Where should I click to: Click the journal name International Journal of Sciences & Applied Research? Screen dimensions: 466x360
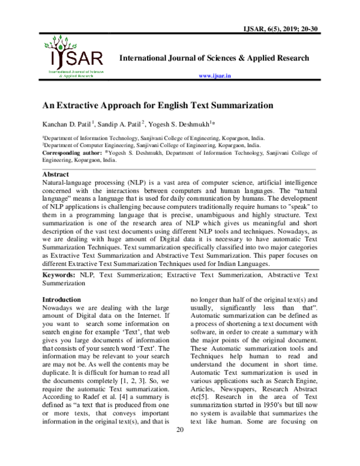(x=214, y=58)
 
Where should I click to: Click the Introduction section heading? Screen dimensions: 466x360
(x=61, y=299)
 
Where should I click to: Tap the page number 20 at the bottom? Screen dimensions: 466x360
(x=180, y=446)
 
